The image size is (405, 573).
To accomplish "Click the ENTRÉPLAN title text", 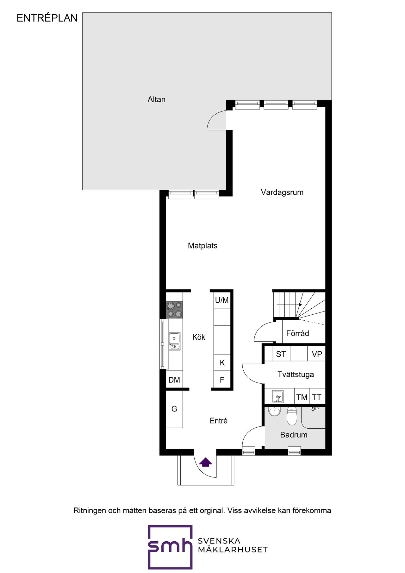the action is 47,18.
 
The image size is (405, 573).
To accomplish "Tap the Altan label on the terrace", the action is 157,99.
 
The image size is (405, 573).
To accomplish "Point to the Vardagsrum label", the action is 282,192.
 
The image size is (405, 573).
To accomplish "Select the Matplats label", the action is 202,246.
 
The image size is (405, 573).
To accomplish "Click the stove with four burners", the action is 174,310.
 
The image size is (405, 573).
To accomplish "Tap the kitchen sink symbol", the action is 174,342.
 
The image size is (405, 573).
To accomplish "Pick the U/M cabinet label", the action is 222,300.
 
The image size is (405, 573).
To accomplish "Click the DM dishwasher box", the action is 174,380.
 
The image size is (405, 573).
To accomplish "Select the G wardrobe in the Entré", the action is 174,409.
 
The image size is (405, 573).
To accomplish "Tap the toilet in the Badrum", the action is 292,416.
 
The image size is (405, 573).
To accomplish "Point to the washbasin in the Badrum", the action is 274,411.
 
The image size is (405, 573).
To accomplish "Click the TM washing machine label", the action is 302,397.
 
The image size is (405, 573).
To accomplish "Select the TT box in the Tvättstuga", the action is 317,397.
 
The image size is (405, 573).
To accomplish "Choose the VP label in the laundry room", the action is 317,354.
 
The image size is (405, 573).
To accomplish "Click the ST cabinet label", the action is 281,354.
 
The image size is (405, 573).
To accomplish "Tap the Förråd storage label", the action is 297,333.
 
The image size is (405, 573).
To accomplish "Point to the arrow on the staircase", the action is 289,305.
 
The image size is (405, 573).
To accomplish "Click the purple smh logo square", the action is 170,547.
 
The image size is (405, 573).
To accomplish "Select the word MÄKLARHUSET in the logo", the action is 233,550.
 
